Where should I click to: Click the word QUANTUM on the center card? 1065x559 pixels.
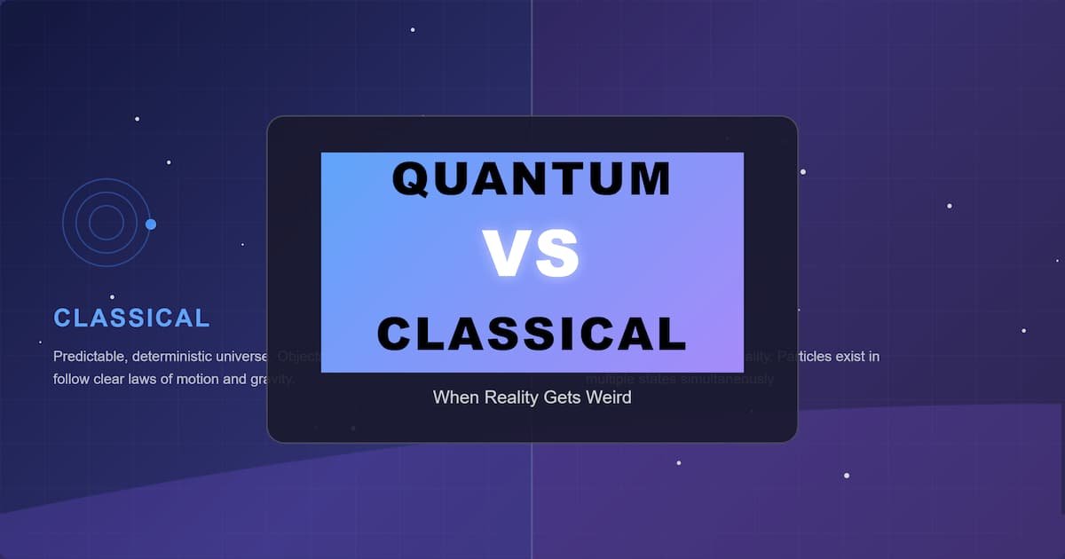click(x=532, y=179)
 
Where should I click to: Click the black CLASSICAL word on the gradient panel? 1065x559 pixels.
click(x=532, y=335)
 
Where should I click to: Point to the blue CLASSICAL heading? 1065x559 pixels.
click(x=131, y=318)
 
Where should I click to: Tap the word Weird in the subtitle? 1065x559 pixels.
click(x=608, y=398)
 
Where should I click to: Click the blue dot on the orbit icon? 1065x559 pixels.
click(x=151, y=224)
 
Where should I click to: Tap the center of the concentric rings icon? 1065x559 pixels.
click(x=106, y=222)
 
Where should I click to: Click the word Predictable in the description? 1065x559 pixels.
click(x=91, y=357)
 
